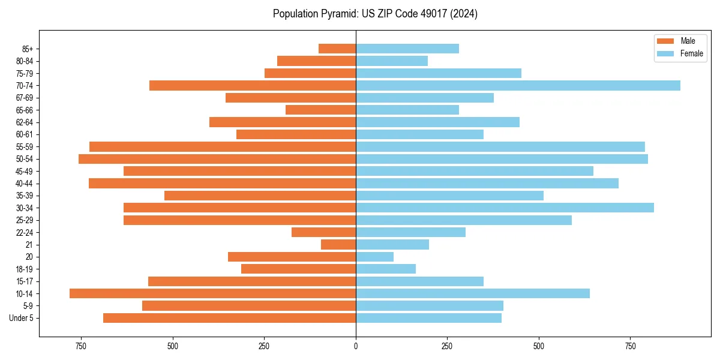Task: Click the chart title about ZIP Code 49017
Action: tap(375, 14)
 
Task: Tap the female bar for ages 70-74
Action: tap(518, 86)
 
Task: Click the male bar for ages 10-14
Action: tap(213, 293)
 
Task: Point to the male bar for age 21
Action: tap(338, 245)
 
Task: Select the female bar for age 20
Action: tap(374, 257)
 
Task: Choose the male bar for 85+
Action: tap(337, 49)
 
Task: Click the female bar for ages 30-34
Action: tap(505, 208)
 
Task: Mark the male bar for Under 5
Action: tap(230, 318)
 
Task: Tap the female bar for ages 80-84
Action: tap(392, 61)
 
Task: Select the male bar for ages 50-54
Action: tap(217, 159)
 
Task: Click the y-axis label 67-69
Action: tap(24, 98)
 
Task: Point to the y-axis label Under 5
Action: tap(22, 318)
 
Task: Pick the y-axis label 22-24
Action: tap(24, 233)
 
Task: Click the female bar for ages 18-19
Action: tap(386, 269)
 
